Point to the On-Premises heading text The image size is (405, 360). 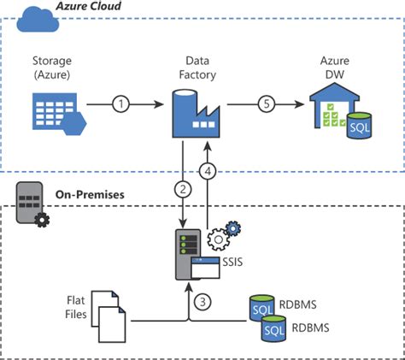pos(90,194)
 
